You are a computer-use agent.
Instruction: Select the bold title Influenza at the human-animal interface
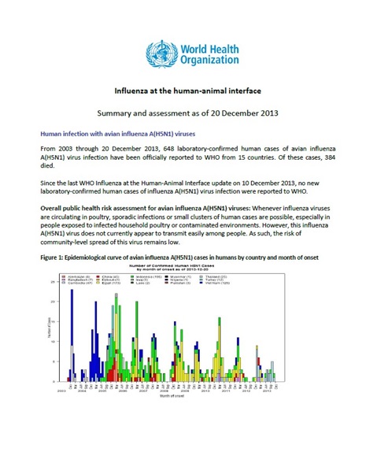coord(188,91)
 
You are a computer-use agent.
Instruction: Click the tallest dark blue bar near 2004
coord(72,335)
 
